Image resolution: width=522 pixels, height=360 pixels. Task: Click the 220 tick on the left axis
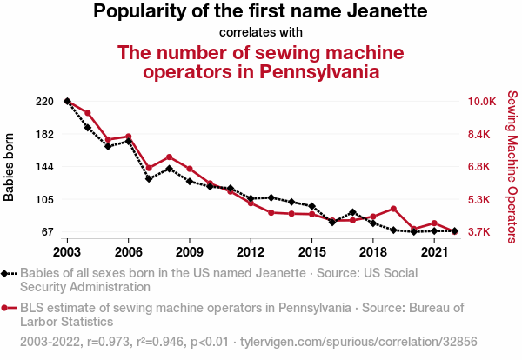coord(45,102)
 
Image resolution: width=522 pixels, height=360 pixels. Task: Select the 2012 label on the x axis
coord(251,251)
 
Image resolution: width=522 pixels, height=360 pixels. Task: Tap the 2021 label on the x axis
coord(434,251)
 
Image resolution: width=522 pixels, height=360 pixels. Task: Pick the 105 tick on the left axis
coord(45,200)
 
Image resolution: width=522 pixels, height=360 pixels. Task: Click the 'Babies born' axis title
coord(10,167)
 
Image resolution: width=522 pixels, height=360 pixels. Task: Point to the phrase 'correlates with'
coord(260,32)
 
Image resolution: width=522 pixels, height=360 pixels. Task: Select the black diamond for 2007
coord(149,179)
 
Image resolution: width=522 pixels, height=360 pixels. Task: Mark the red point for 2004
coord(88,113)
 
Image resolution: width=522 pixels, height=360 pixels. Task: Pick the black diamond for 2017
coord(352,212)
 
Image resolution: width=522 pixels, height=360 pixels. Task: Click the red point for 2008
coord(169,157)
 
